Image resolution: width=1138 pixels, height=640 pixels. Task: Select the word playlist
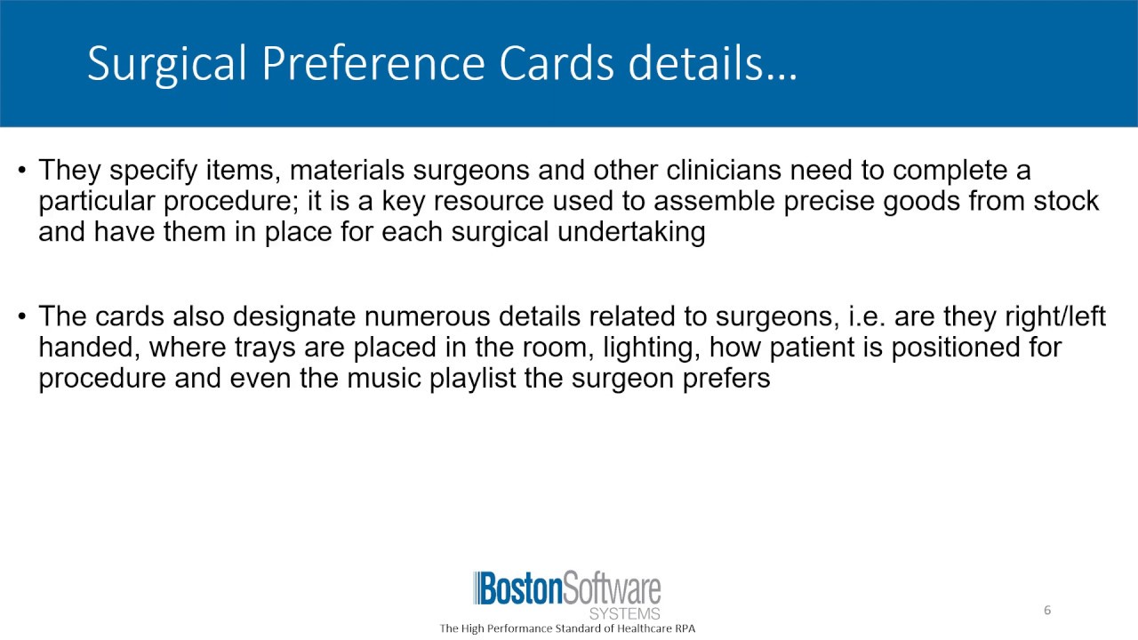(x=506, y=379)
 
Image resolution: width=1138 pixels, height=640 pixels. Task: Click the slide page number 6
(x=1047, y=610)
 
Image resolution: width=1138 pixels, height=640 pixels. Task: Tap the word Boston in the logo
(x=520, y=590)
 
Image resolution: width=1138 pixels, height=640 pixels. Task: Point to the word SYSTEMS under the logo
(x=625, y=614)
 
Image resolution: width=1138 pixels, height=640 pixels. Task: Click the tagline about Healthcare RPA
(x=567, y=628)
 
